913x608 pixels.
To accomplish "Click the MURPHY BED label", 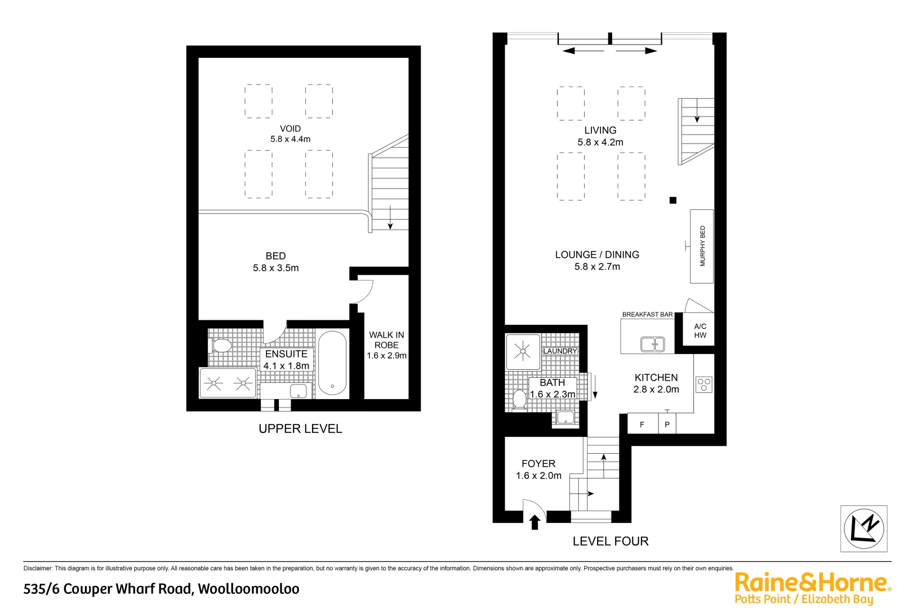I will [702, 246].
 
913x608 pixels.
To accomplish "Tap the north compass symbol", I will [863, 528].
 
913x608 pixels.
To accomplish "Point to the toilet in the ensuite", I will [221, 345].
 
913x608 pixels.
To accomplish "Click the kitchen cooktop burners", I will [704, 385].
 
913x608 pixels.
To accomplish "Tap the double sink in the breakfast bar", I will [652, 343].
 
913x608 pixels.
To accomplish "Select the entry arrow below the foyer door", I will [535, 522].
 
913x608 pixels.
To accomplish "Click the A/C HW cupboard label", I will [700, 330].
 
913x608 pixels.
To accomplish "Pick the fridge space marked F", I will [642, 424].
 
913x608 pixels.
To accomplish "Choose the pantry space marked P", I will [667, 424].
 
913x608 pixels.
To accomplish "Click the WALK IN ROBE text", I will [386, 340].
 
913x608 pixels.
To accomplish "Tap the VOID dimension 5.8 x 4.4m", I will [290, 139].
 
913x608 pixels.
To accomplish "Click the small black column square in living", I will [672, 200].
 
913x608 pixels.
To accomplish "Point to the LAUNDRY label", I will [560, 351].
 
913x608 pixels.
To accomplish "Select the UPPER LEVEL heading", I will [300, 428].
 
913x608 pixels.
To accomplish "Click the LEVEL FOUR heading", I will [611, 541].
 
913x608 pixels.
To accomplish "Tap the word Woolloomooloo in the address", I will [248, 589].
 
